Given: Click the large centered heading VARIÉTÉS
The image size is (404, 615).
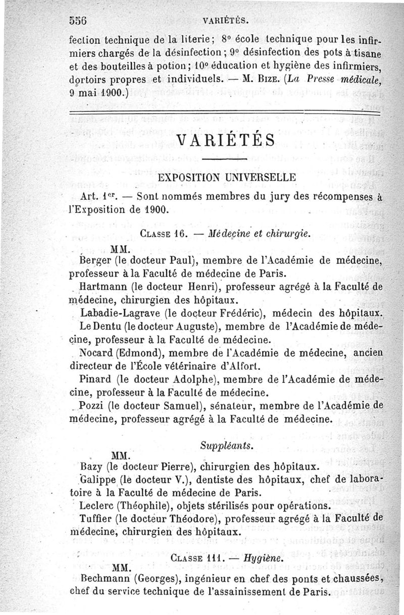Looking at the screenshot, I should [x=226, y=139].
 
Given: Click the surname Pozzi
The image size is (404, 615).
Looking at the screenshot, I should [x=90, y=405].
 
